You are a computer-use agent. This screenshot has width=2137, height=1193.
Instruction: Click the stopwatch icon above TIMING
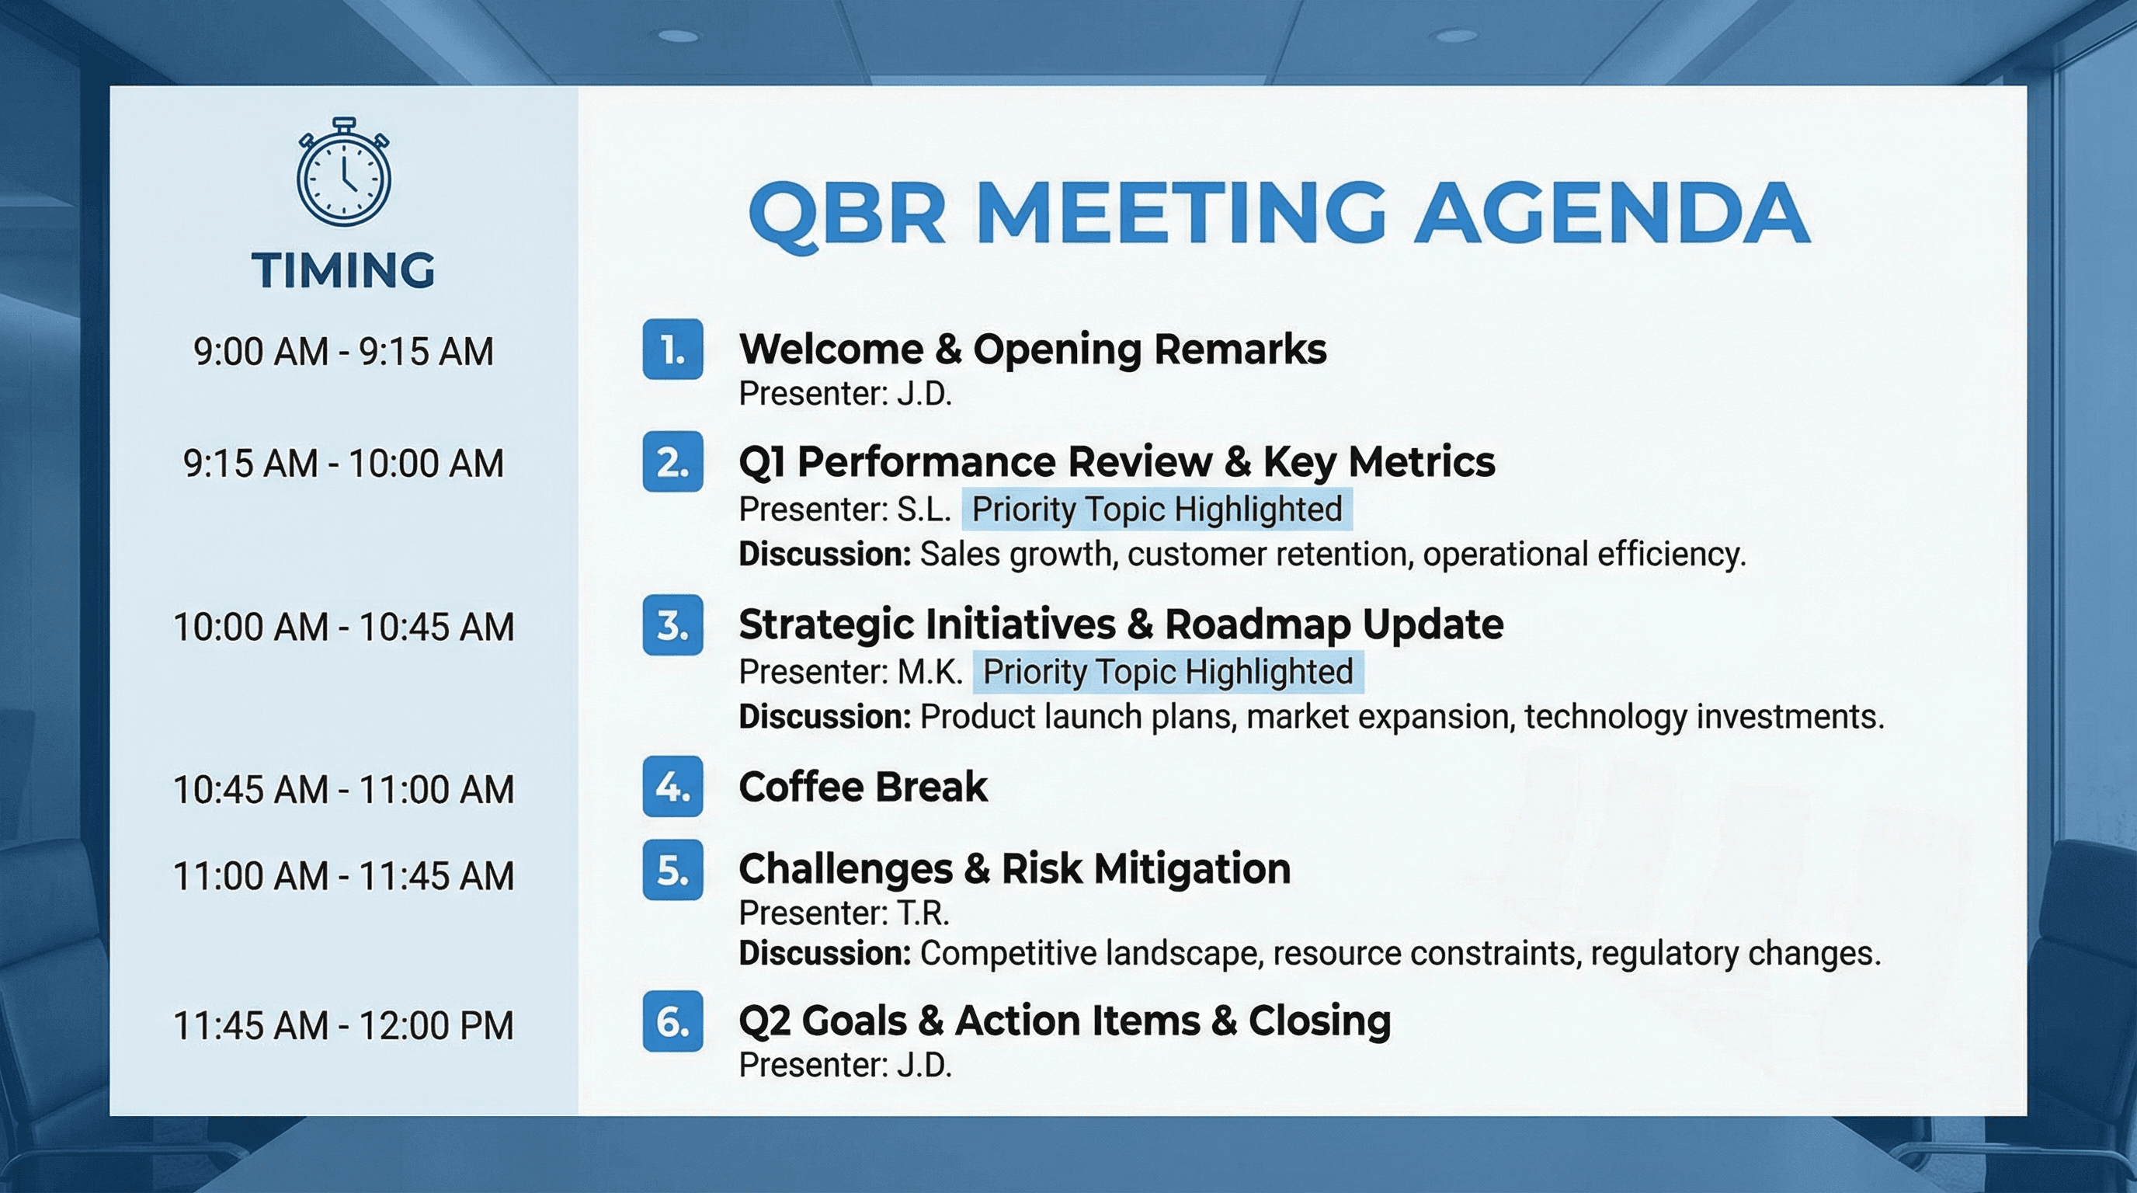pyautogui.click(x=343, y=174)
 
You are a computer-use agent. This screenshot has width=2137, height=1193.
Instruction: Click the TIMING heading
pyautogui.click(x=343, y=270)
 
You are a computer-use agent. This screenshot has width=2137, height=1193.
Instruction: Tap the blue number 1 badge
pyautogui.click(x=672, y=350)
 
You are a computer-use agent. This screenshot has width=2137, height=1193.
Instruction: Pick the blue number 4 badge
pyautogui.click(x=672, y=787)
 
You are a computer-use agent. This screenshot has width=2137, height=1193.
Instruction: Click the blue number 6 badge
pyautogui.click(x=672, y=1021)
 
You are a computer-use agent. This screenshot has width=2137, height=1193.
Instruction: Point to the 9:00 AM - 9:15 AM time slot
pyautogui.click(x=343, y=351)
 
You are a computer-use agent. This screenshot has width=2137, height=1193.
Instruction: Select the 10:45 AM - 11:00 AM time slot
pyautogui.click(x=343, y=789)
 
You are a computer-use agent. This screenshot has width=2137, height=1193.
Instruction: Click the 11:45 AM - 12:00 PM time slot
pyautogui.click(x=343, y=1025)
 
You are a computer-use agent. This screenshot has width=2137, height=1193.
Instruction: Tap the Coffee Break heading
pyautogui.click(x=863, y=787)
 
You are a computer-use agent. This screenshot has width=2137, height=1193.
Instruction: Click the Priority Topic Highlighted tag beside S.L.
pyautogui.click(x=1156, y=509)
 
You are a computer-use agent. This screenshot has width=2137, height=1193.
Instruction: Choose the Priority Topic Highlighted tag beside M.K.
pyautogui.click(x=1168, y=671)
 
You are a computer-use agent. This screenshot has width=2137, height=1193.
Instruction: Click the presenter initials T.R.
pyautogui.click(x=923, y=913)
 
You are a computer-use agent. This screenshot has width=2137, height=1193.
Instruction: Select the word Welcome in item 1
pyautogui.click(x=830, y=349)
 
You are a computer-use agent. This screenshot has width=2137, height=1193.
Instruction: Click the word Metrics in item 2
pyautogui.click(x=1420, y=461)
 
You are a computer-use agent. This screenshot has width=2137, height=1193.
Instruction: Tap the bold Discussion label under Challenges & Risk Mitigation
pyautogui.click(x=825, y=953)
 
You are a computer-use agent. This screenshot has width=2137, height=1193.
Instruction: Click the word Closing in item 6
pyautogui.click(x=1319, y=1021)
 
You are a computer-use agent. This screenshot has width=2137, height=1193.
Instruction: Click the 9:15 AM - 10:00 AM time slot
pyautogui.click(x=343, y=463)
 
